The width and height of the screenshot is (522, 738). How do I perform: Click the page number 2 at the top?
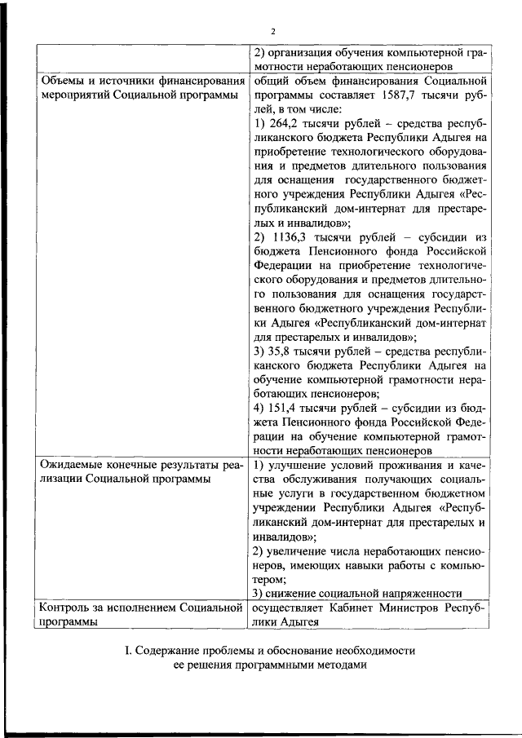(x=262, y=32)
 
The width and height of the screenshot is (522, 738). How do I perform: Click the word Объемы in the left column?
(x=62, y=82)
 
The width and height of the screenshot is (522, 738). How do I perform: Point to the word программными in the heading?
(x=268, y=665)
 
